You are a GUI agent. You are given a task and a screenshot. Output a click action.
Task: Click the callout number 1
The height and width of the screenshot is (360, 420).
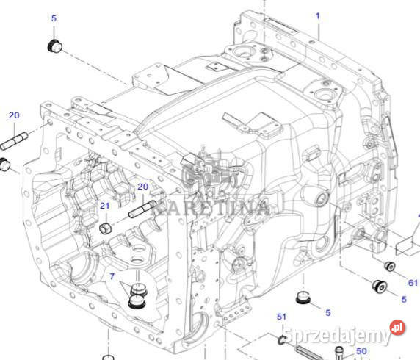coord(318,15)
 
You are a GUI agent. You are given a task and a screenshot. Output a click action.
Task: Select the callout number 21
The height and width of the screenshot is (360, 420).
coord(104,206)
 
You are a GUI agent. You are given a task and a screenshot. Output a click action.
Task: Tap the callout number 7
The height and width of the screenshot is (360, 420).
coord(112,276)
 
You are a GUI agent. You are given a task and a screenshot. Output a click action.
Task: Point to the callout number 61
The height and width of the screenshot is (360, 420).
coord(412,283)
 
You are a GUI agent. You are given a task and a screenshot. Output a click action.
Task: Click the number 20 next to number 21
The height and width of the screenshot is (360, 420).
coord(143,187)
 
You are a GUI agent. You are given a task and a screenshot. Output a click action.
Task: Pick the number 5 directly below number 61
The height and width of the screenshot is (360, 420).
coord(403,299)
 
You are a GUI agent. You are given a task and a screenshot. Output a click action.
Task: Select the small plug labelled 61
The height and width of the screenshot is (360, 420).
coord(391,265)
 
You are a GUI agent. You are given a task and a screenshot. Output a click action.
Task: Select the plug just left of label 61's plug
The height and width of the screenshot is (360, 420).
coord(380,285)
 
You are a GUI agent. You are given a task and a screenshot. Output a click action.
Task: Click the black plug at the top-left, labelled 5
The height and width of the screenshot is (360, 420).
coord(54,48)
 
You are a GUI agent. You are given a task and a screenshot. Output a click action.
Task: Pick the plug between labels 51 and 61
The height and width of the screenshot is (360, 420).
coord(301,298)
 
